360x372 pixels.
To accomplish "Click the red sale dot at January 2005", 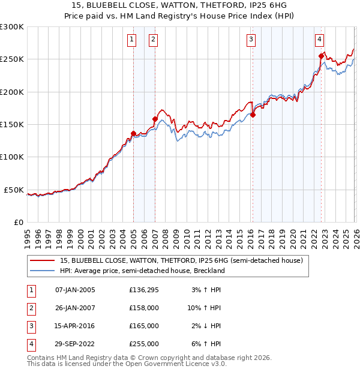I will (x=133, y=133).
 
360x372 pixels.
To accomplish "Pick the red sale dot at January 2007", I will (x=155, y=119).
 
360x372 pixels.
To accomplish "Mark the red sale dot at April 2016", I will (x=253, y=115).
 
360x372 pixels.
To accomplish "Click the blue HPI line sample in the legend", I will (x=43, y=271).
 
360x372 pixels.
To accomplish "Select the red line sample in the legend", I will (x=43, y=260).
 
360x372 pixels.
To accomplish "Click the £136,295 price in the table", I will (x=144, y=290).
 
